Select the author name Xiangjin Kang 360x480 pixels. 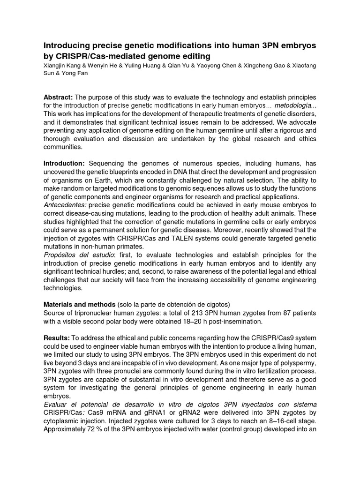tap(61, 65)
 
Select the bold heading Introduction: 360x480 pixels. tap(64, 163)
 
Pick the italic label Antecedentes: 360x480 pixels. tap(65, 204)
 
